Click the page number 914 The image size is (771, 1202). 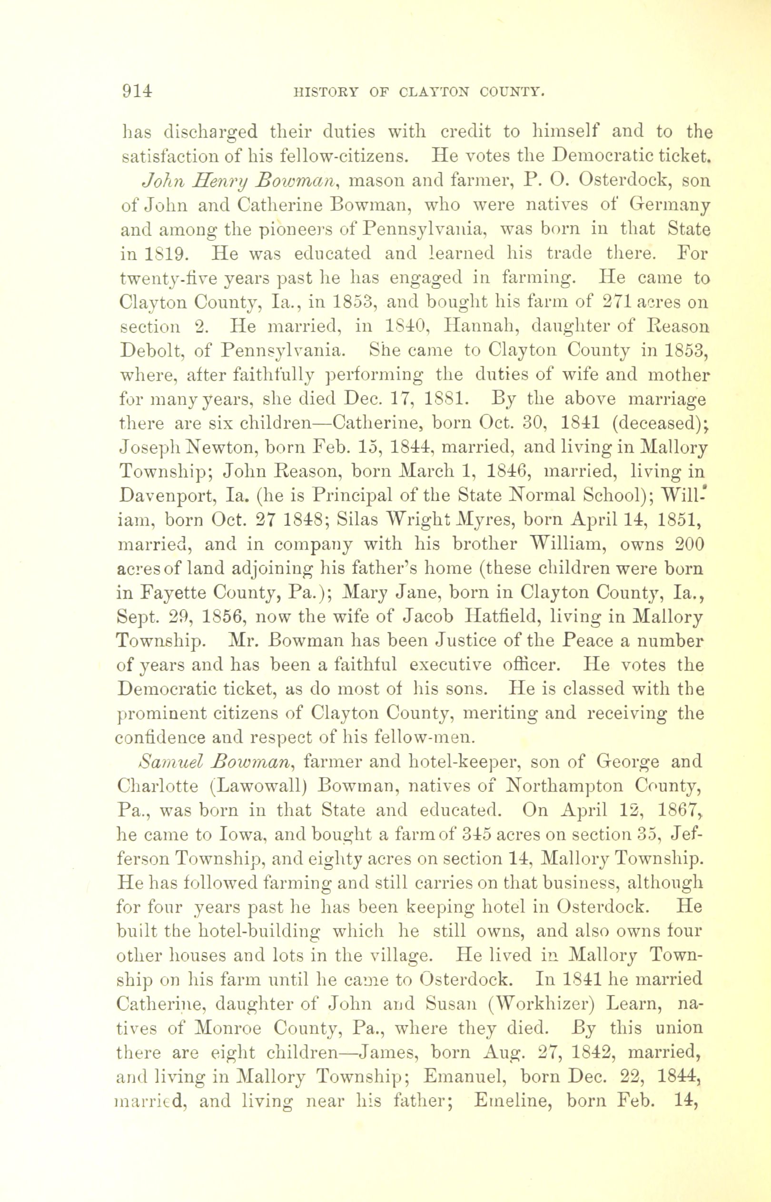click(x=137, y=91)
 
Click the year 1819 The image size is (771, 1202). click(x=161, y=253)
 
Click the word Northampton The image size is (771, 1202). click(x=563, y=786)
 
